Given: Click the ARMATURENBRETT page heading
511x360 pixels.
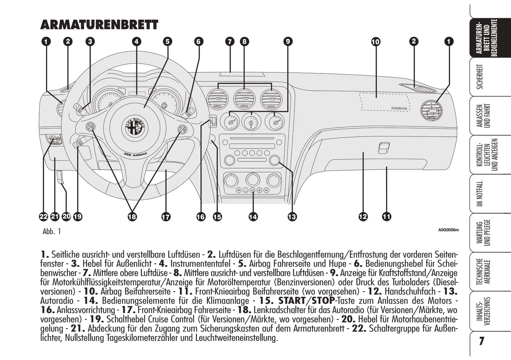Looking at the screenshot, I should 99,25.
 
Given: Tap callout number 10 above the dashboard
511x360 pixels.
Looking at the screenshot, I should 375,42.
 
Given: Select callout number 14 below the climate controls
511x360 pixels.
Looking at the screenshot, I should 253,217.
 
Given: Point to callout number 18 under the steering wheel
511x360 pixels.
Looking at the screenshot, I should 132,217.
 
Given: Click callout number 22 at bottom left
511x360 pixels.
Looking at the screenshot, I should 43,217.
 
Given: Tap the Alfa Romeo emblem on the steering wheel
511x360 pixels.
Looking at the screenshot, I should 135,127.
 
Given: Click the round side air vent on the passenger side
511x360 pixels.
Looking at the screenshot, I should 431,111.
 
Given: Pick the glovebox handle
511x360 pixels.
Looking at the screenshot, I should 383,147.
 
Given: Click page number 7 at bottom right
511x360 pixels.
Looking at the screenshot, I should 481,341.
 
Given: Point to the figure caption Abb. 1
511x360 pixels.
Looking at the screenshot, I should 52,231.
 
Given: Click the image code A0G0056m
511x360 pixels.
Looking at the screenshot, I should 448,230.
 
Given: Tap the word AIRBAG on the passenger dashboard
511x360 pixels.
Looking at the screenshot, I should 399,108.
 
